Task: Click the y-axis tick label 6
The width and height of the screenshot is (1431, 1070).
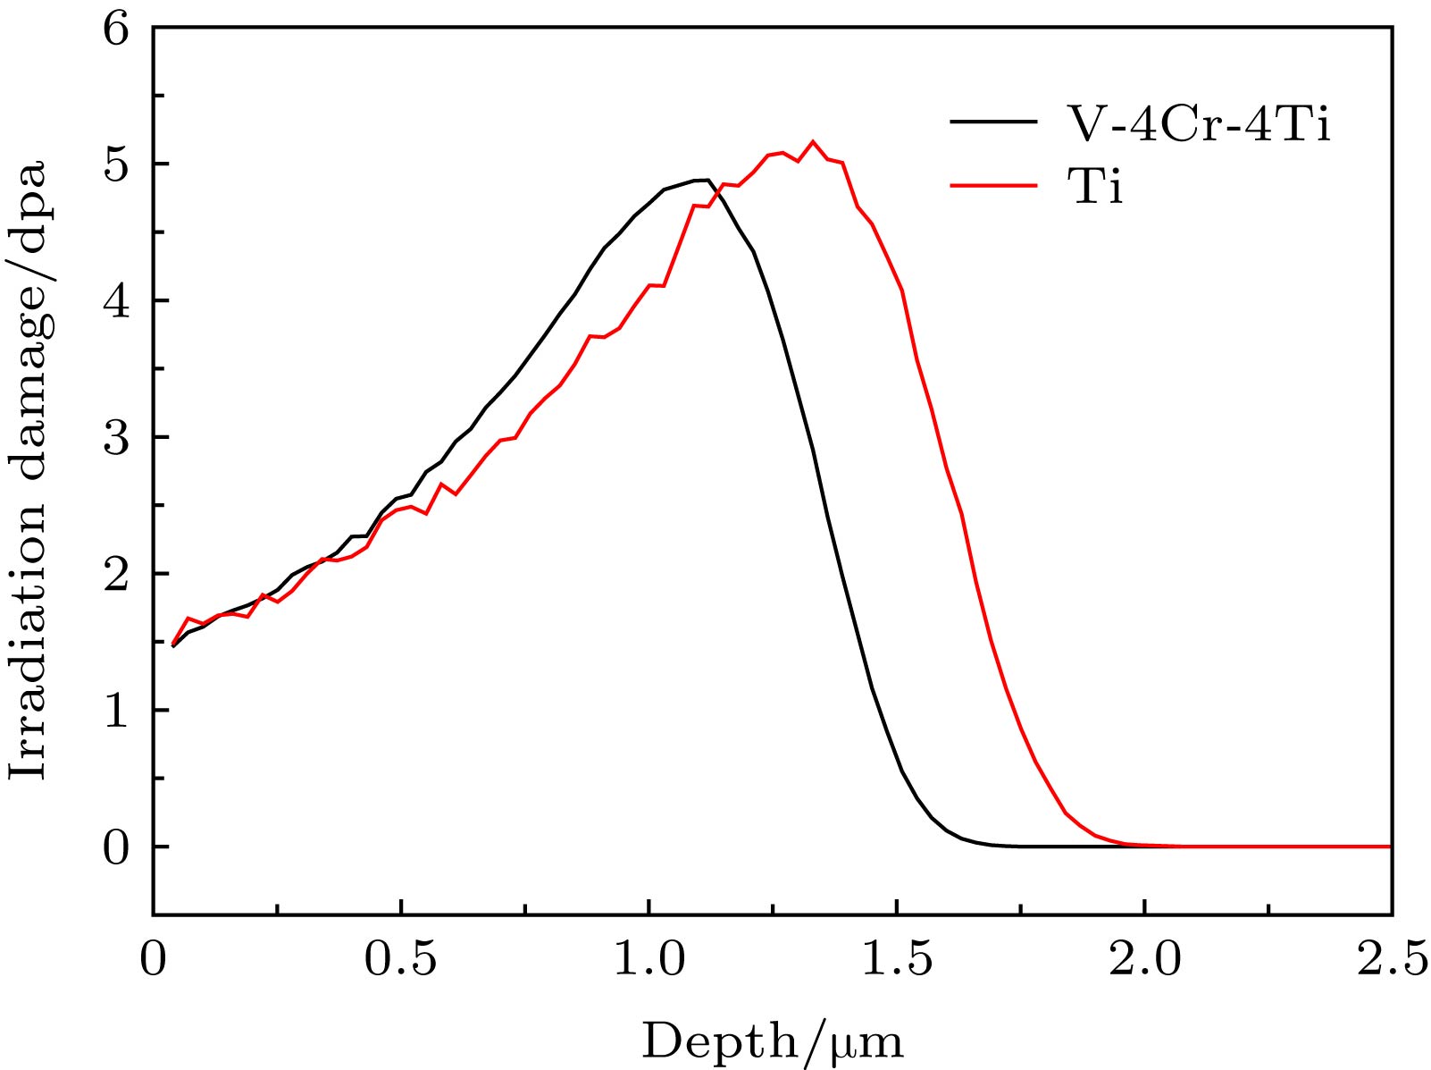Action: point(115,29)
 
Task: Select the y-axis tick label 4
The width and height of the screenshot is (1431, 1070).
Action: point(115,301)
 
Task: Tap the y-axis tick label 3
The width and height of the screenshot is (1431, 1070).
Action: point(115,438)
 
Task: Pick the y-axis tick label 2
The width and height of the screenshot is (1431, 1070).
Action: point(115,574)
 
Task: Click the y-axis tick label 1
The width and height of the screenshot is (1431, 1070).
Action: point(115,711)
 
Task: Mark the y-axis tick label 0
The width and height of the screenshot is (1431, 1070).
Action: point(115,847)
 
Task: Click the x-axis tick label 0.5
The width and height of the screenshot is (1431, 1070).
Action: point(401,960)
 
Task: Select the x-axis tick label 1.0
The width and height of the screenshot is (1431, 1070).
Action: point(649,960)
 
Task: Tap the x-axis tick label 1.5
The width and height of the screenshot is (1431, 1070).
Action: point(897,960)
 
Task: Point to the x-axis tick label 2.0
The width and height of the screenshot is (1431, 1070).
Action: point(1144,960)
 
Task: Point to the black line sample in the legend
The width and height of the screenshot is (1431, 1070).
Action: point(993,122)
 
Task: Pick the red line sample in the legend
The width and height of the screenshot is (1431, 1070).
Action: point(993,186)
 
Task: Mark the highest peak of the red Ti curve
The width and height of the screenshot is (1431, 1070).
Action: point(813,141)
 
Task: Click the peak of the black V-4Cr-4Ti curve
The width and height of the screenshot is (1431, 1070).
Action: point(706,180)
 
